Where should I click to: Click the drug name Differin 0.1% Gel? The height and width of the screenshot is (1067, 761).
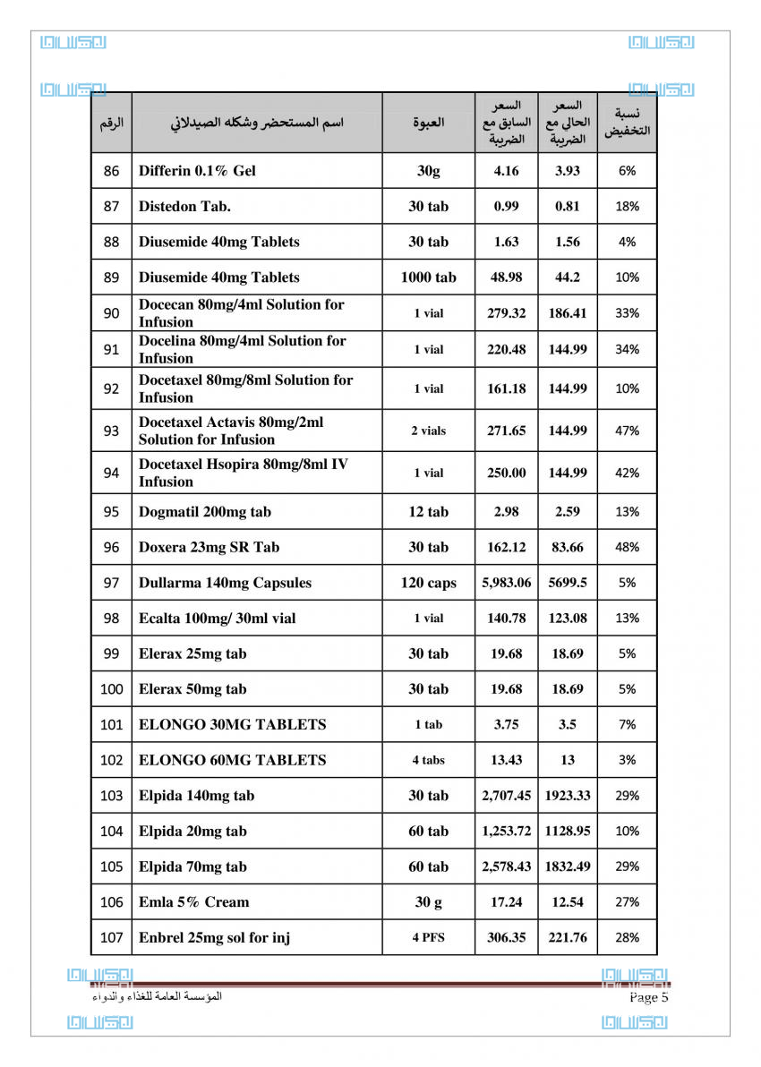coord(197,171)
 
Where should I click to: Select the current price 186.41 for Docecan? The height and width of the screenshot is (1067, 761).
coord(568,313)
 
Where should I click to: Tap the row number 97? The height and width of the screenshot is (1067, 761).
coord(111,583)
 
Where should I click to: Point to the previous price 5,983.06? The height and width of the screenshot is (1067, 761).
coord(506,583)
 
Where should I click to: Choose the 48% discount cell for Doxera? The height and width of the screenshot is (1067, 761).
coord(627,547)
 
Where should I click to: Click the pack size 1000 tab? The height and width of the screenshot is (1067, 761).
coord(428,277)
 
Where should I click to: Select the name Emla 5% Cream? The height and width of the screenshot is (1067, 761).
coord(193,902)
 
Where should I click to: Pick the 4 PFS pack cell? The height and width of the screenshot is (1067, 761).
coord(428,938)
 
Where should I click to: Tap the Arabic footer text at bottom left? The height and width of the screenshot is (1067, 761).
coord(157,996)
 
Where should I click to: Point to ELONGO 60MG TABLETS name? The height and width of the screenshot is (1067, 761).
coord(232,760)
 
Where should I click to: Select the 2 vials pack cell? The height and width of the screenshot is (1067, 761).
coord(428,431)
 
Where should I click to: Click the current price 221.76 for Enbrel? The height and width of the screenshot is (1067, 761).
coord(568,938)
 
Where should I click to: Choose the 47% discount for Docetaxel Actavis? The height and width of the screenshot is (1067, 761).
coord(627,431)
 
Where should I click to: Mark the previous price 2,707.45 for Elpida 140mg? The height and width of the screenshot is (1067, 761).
coord(506,796)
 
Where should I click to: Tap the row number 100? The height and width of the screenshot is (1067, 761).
coord(111,689)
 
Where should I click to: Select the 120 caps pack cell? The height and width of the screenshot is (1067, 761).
coord(428,583)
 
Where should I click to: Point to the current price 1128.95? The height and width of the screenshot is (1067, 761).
coord(568,831)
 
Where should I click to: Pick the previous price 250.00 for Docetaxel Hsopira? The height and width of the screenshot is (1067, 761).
coord(506,473)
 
